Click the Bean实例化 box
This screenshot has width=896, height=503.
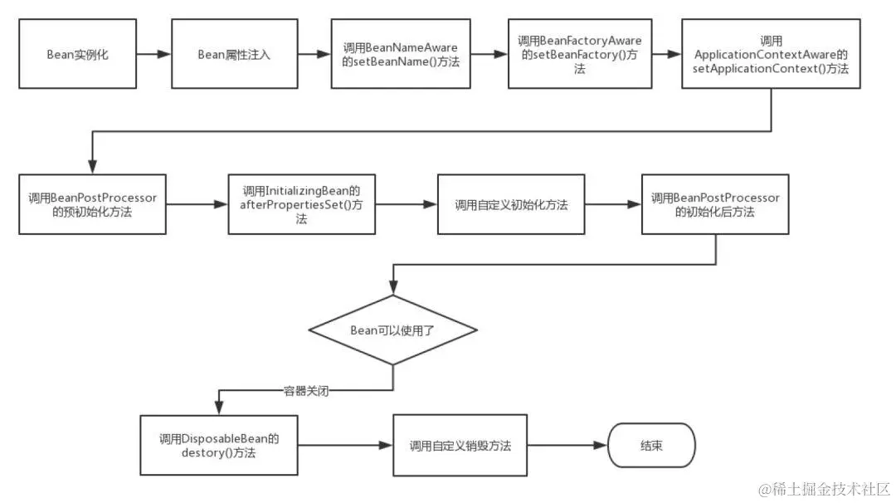77,55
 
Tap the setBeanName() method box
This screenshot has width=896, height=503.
400,55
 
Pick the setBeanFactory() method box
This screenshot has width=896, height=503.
580,55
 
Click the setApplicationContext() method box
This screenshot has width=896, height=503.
770,55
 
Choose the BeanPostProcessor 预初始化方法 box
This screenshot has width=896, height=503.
92,204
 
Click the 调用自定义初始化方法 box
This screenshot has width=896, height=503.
511,204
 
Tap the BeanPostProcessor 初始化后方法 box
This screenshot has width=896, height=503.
714,204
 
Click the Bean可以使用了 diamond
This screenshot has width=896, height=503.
392,330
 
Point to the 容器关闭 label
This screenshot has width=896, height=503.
306,391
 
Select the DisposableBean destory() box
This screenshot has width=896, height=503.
218,446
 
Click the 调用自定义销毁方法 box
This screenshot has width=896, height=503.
460,446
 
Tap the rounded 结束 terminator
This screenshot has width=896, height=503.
651,446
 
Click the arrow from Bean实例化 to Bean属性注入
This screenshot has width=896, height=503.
153,55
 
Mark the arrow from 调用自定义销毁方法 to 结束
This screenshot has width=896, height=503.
568,446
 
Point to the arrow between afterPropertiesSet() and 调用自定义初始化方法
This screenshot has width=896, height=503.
406,204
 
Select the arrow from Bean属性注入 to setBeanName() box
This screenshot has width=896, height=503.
313,55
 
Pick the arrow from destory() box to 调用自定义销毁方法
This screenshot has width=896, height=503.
345,446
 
